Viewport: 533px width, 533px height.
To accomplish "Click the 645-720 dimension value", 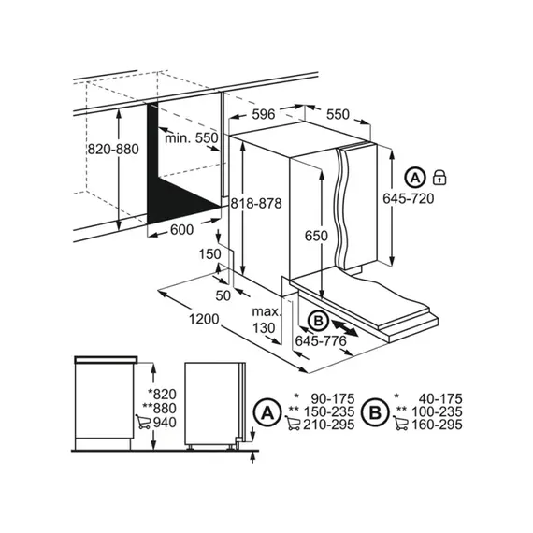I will (x=408, y=198).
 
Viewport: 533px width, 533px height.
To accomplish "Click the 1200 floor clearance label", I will (x=200, y=318).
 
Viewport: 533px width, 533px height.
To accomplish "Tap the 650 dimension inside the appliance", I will (x=316, y=236).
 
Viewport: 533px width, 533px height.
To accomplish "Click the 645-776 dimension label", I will (x=322, y=343).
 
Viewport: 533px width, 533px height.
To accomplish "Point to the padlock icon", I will (x=439, y=177).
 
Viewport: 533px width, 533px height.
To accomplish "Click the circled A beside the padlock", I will (x=413, y=177).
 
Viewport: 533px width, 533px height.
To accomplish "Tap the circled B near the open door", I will (x=317, y=321).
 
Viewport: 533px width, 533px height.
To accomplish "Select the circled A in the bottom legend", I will (x=268, y=411).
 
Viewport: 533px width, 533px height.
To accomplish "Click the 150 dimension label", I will (x=209, y=253).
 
